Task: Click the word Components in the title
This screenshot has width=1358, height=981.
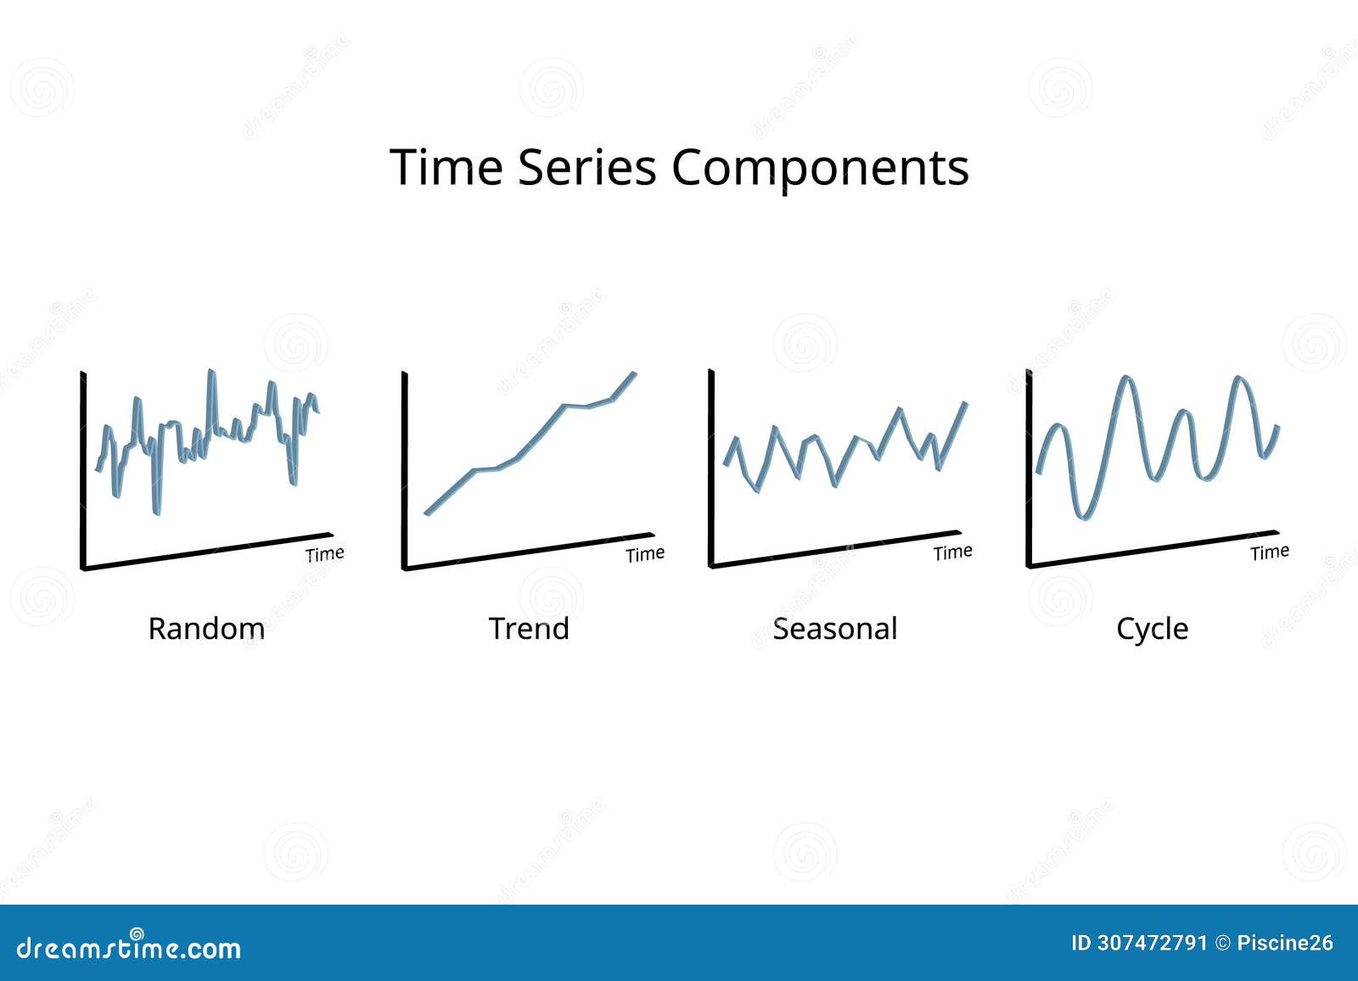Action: click(820, 168)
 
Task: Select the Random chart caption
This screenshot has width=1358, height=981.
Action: click(206, 629)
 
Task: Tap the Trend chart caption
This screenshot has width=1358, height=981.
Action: click(529, 629)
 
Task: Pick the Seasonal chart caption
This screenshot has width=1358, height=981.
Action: click(835, 629)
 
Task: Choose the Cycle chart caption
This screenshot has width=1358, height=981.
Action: click(1152, 630)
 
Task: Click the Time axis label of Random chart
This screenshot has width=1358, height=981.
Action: click(325, 554)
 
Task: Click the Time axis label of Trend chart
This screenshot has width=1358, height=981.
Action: click(645, 554)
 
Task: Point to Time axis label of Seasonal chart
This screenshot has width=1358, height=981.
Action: click(952, 552)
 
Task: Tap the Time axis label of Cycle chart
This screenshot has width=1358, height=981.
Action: click(1270, 552)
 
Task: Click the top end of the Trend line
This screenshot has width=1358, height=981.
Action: click(634, 373)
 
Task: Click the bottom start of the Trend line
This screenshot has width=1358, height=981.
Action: click(427, 513)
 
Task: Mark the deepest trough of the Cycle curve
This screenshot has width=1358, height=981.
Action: click(1083, 516)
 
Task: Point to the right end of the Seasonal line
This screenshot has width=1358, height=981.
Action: click(966, 403)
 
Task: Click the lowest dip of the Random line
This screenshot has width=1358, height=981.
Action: click(156, 512)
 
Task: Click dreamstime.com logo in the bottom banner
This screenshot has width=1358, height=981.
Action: click(129, 946)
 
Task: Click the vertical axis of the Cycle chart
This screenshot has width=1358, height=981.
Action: click(1029, 467)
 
